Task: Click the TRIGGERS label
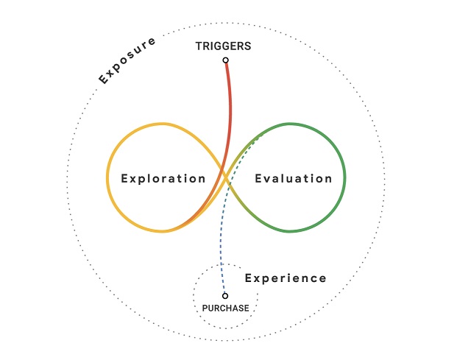click(x=223, y=46)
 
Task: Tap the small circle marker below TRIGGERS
click(x=226, y=60)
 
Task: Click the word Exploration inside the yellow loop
click(x=163, y=178)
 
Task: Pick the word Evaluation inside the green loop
click(x=294, y=178)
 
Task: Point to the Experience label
click(x=286, y=278)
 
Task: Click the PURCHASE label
click(x=225, y=308)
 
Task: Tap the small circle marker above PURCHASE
click(x=225, y=296)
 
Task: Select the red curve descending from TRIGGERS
click(x=230, y=110)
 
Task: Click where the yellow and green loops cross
click(x=226, y=177)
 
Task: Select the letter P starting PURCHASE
click(x=205, y=308)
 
